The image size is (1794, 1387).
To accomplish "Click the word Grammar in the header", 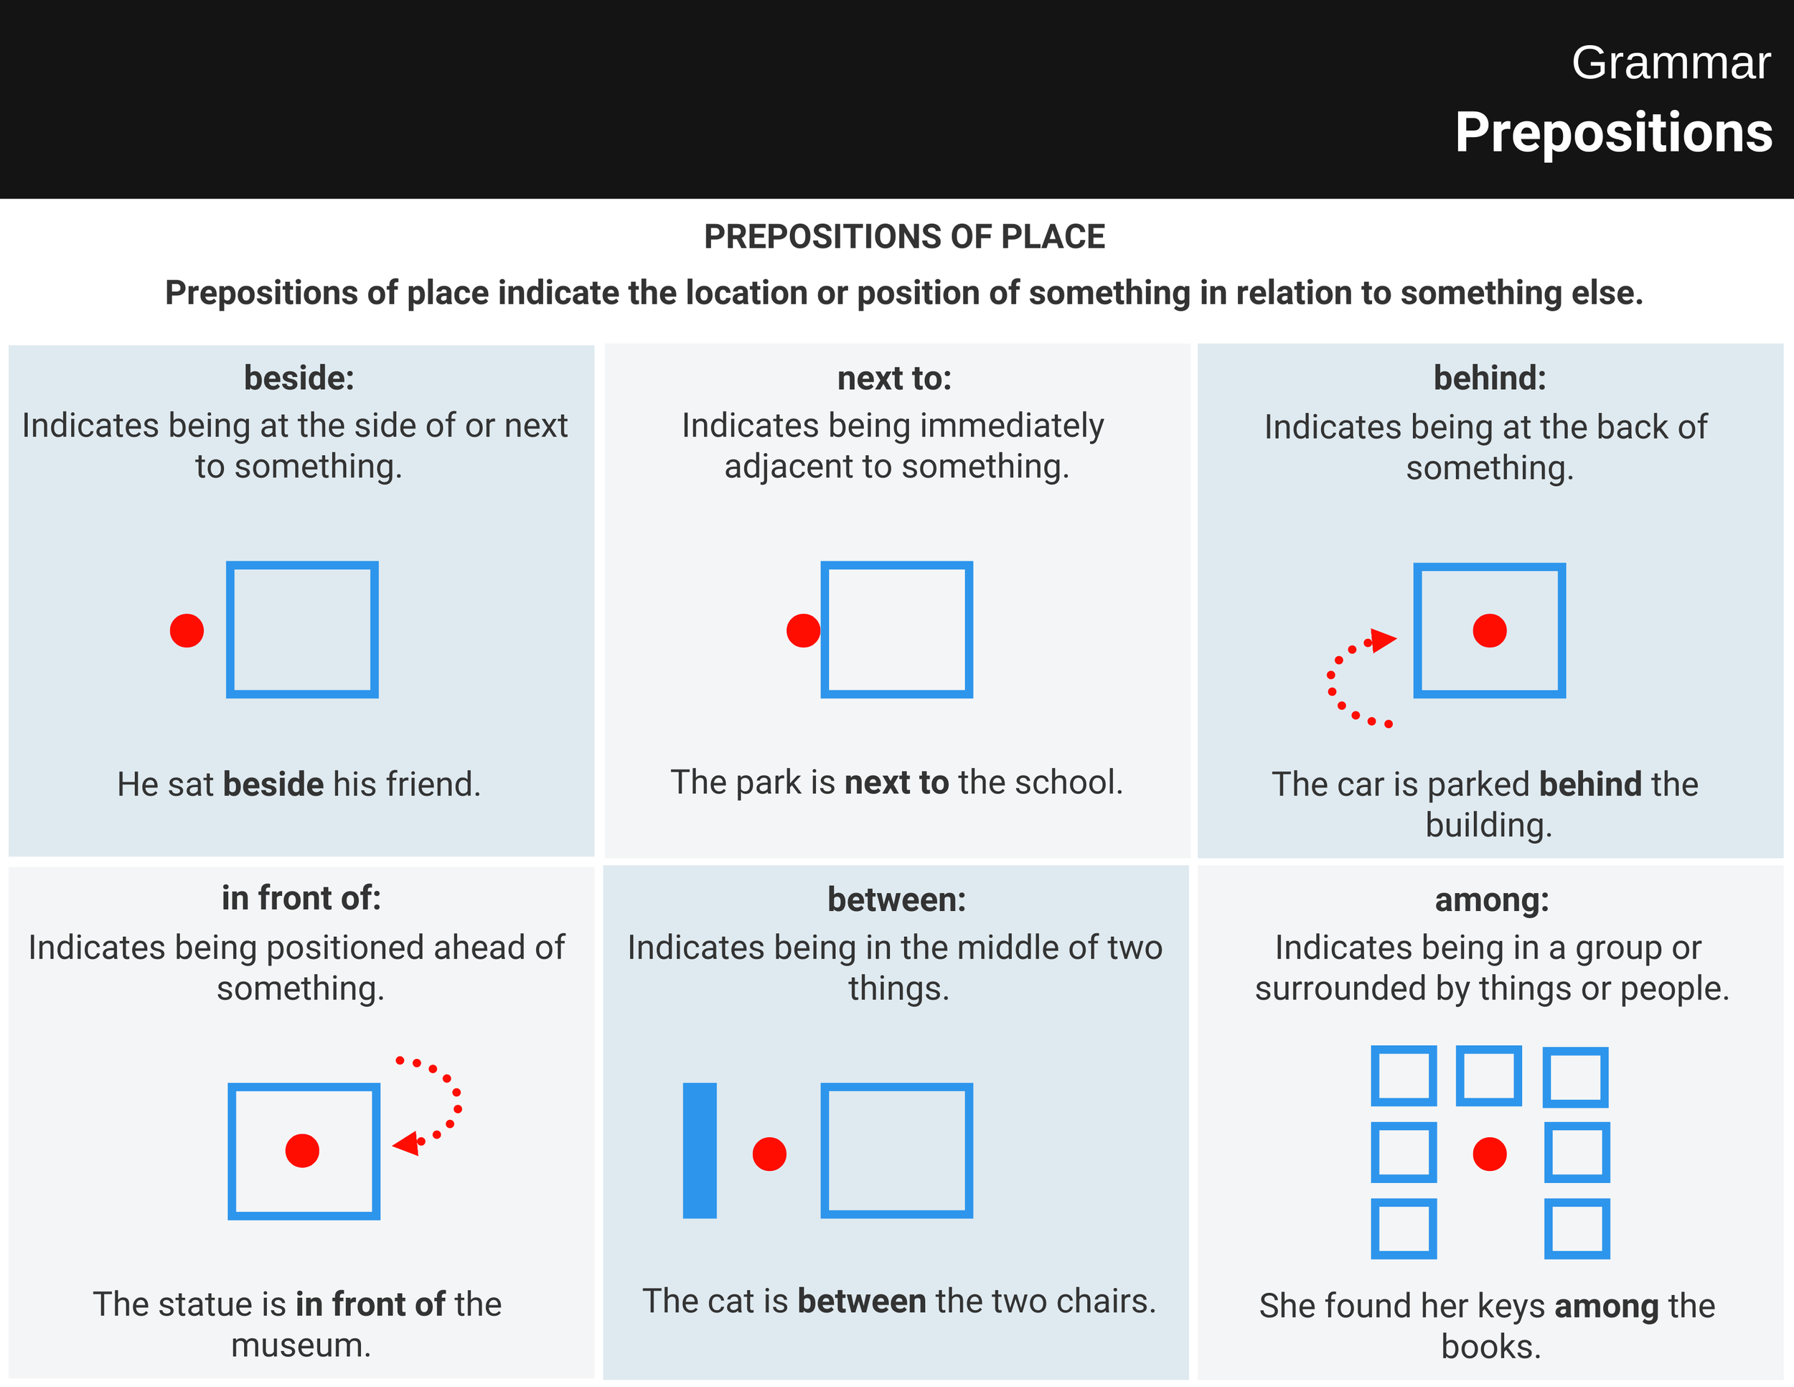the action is (1670, 63).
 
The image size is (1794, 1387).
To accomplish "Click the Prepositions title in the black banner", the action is (1613, 132).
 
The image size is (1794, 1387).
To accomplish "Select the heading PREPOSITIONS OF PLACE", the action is (903, 237).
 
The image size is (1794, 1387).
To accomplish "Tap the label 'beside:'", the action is (299, 378).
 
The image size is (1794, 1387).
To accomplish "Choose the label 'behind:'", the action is (1489, 378).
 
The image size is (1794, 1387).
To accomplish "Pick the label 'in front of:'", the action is (301, 898).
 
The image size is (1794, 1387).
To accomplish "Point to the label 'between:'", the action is (896, 900).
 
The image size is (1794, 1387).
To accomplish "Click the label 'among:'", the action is (1492, 900).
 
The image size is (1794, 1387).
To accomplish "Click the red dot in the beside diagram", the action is (187, 630).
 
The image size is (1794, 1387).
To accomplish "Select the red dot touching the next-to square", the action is (802, 630).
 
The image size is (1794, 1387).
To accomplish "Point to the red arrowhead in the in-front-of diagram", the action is (408, 1143).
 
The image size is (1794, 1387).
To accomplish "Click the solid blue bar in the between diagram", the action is (699, 1150).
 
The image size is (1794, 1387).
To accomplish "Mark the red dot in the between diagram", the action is (769, 1154).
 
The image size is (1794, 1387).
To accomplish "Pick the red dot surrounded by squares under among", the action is (1489, 1154).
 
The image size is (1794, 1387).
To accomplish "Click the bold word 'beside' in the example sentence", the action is (273, 785).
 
